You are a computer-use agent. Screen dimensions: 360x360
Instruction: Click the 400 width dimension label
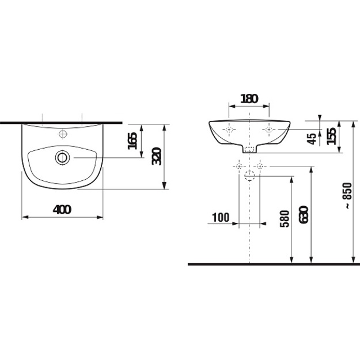62,210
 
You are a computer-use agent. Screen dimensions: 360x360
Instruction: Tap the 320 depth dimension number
157,156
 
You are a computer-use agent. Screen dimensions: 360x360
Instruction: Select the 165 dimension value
132,141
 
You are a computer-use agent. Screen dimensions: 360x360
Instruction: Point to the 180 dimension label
249,98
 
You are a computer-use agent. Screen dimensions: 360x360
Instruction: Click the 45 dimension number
312,139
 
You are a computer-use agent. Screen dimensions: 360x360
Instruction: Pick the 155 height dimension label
331,136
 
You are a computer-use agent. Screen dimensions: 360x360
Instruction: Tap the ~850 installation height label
347,196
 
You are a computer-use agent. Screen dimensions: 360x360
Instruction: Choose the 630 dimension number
304,215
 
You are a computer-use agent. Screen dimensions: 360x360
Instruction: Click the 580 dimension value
285,218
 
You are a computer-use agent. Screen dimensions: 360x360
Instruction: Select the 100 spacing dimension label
221,217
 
